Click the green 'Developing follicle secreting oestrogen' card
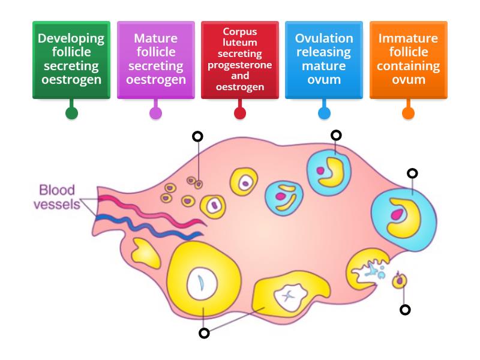coord(71,59)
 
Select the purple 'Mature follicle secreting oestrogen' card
coord(155,59)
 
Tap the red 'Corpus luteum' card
coord(240,59)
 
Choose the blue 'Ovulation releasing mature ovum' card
coord(324,59)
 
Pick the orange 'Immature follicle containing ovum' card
coord(408,59)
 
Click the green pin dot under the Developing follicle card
coord(71,113)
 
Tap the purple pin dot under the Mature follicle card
coord(155,113)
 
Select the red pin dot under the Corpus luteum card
coord(240,113)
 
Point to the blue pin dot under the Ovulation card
coord(324,113)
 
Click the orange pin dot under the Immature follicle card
coord(408,113)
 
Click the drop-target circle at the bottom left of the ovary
coord(204,333)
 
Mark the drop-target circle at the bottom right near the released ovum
coord(405,310)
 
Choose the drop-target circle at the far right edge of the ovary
coord(412,173)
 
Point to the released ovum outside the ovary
coord(399,280)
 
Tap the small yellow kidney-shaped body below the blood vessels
coord(146,251)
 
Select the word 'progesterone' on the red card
coord(240,65)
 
